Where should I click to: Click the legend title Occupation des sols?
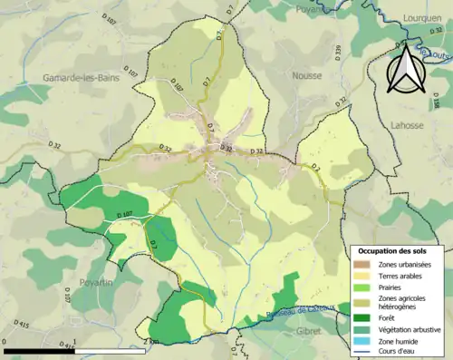tap(396, 250)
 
